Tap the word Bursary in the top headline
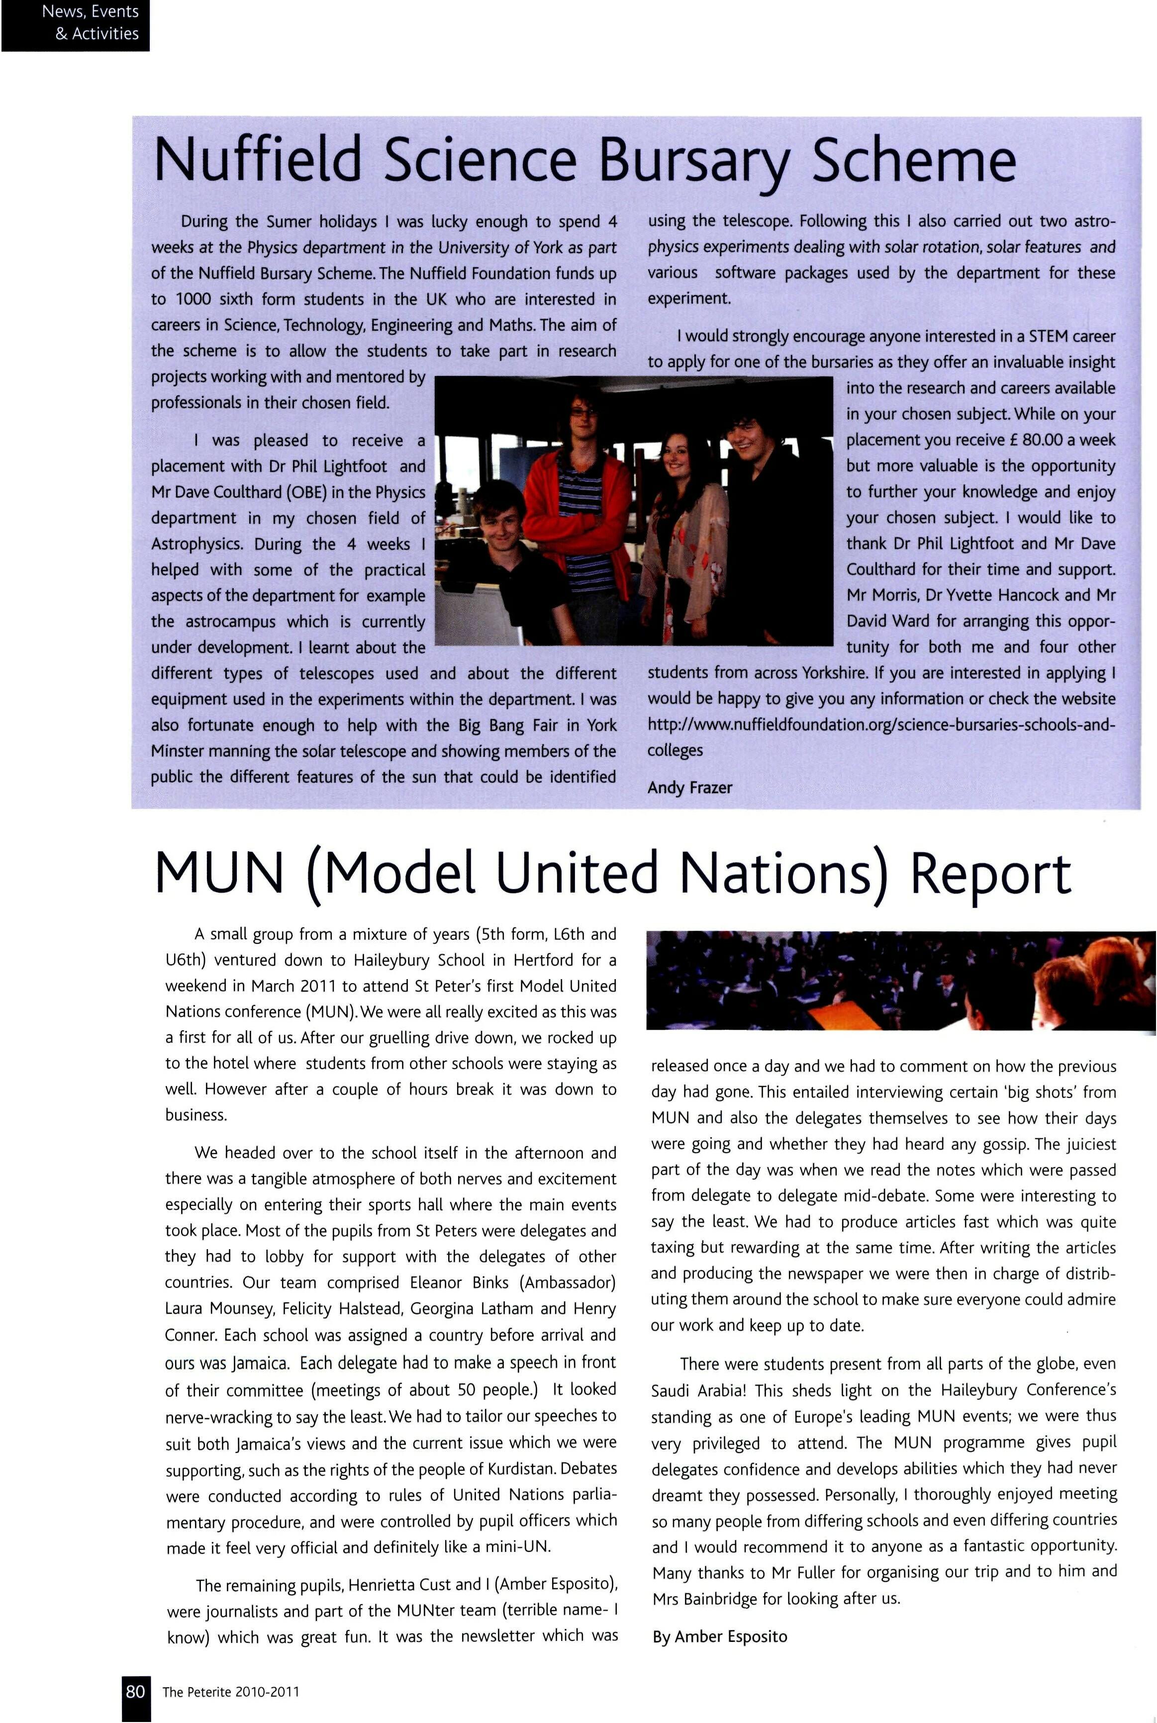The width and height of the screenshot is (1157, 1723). [693, 160]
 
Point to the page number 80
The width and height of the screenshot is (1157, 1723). [135, 1691]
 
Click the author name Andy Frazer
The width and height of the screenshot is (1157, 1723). [690, 788]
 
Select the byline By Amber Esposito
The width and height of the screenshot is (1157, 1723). [719, 1636]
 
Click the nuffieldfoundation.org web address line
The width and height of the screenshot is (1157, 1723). [881, 725]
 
